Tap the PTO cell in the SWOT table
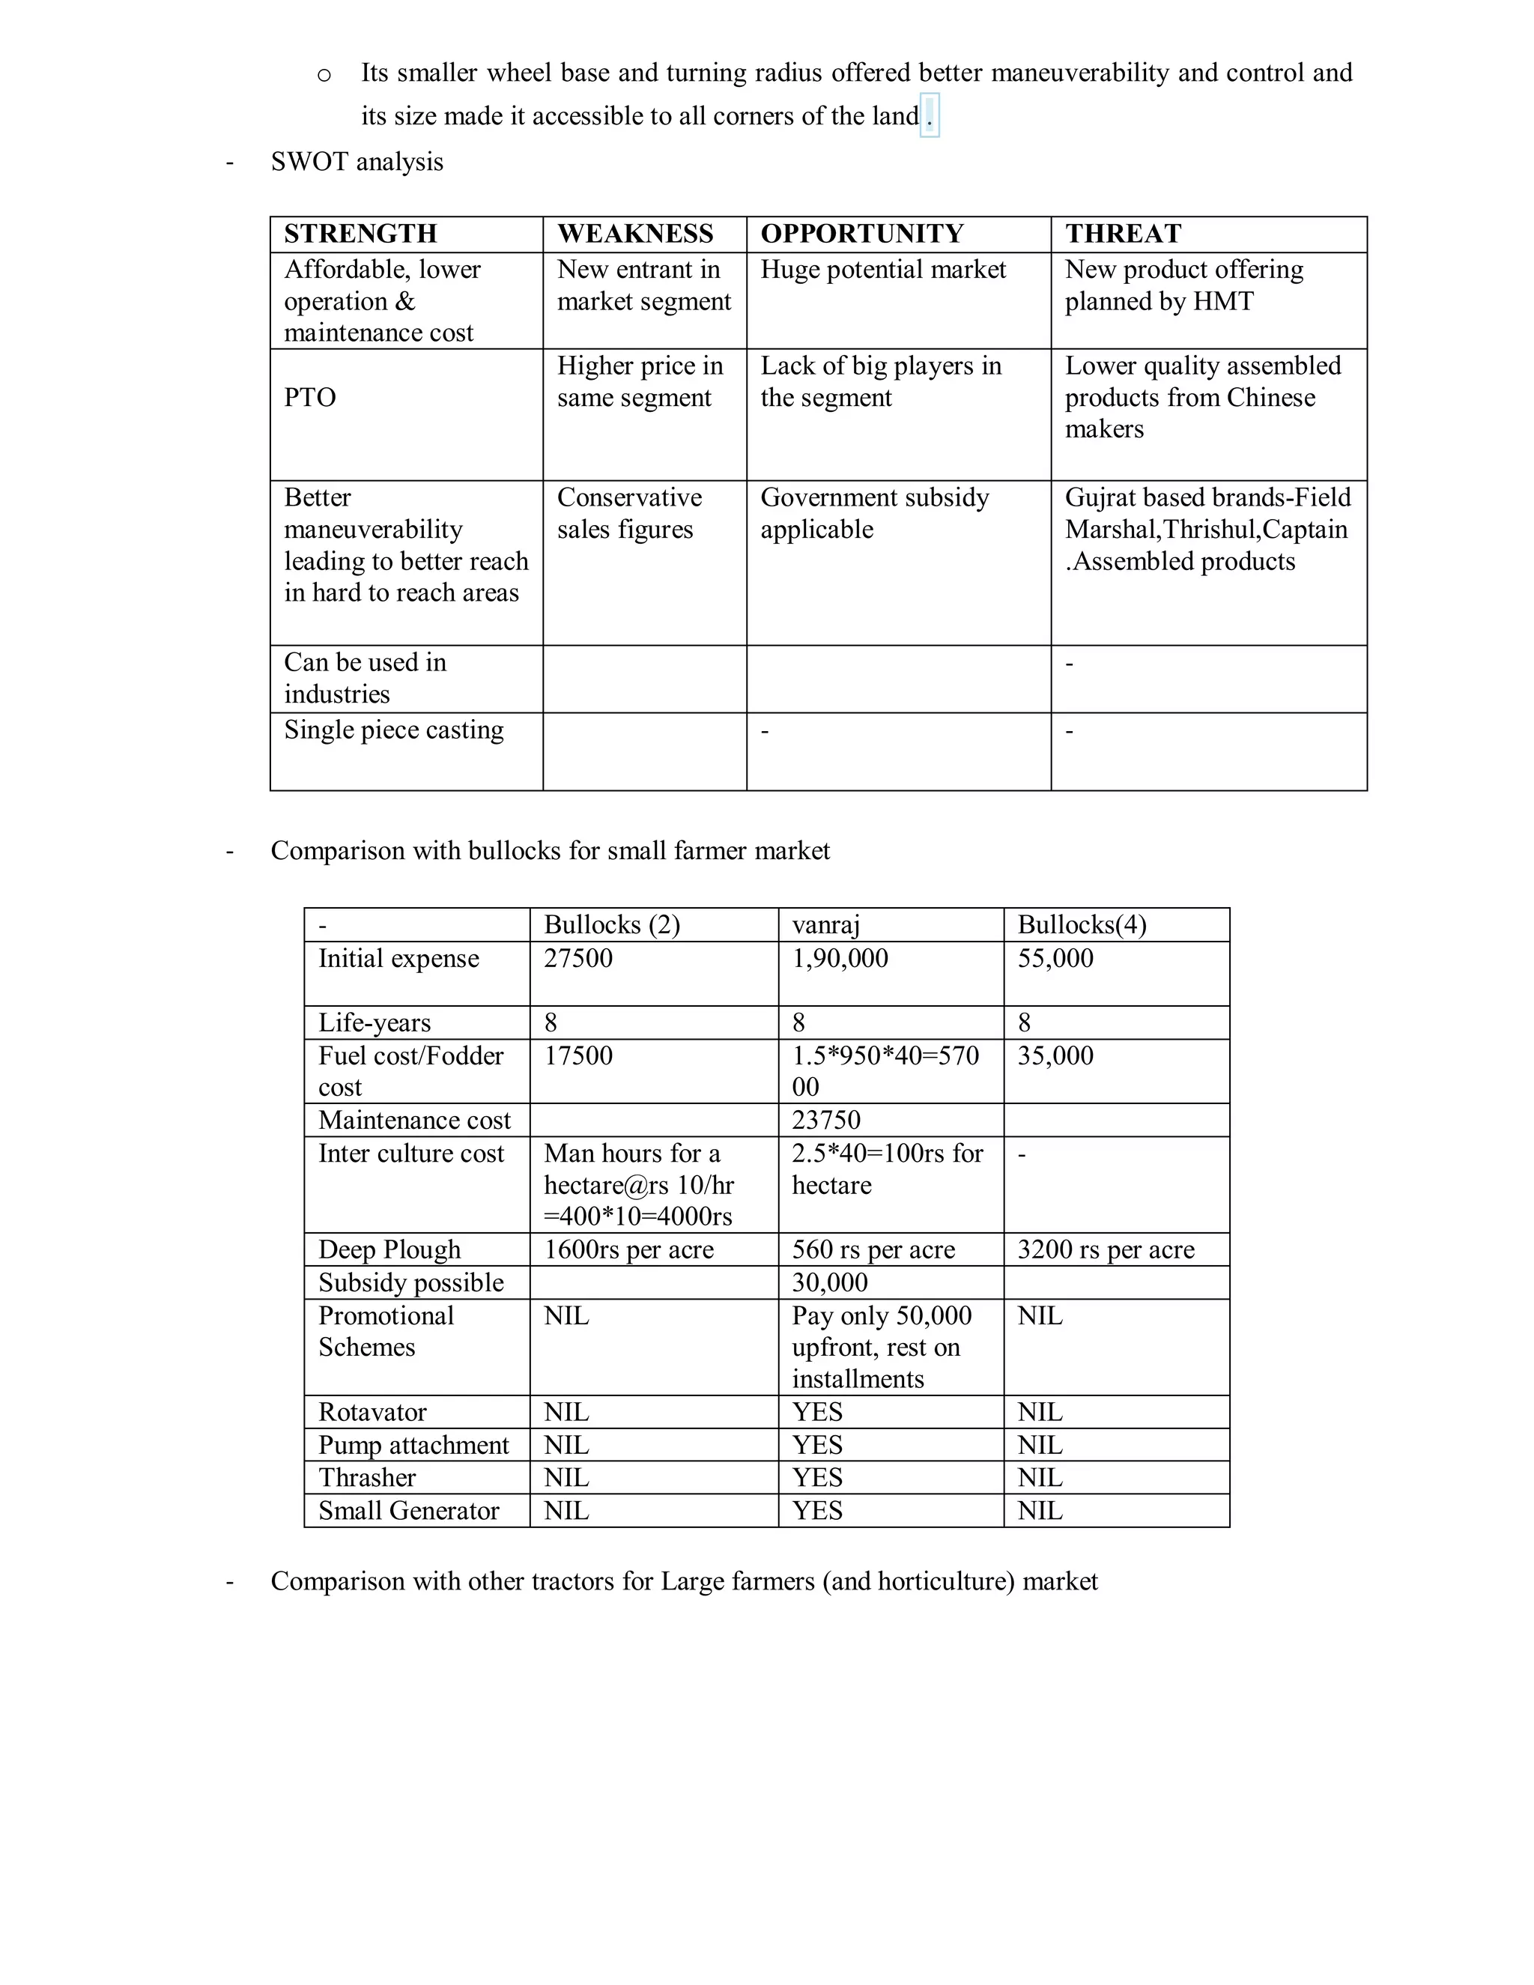click(x=310, y=397)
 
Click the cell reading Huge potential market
click(x=882, y=269)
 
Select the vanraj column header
click(x=825, y=924)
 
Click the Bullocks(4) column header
click(x=1082, y=924)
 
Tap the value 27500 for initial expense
click(x=578, y=958)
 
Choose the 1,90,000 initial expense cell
click(x=840, y=958)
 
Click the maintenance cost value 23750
click(x=826, y=1120)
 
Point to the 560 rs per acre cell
click(x=873, y=1249)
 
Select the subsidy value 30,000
click(x=830, y=1282)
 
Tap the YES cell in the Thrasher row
click(x=817, y=1477)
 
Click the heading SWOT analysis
click(x=357, y=162)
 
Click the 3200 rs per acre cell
click(x=1105, y=1249)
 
